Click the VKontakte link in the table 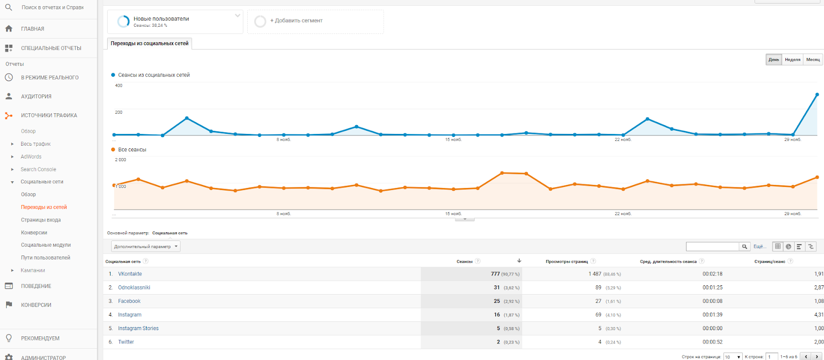pos(130,274)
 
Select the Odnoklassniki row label pos(134,287)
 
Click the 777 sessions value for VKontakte pos(495,274)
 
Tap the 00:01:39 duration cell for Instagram pos(712,315)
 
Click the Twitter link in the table pos(126,342)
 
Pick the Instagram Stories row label pos(138,328)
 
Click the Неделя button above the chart pos(792,60)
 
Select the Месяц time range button pos(813,60)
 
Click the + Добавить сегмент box pos(315,21)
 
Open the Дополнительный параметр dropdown pos(146,247)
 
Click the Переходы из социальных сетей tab pos(149,44)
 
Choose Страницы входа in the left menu pos(41,220)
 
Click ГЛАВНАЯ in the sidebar pos(32,29)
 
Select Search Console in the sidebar pos(38,169)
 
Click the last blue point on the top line pos(817,95)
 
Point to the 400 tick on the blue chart pos(119,85)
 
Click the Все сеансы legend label pos(132,150)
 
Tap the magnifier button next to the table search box pos(744,247)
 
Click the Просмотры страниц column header pos(566,262)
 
